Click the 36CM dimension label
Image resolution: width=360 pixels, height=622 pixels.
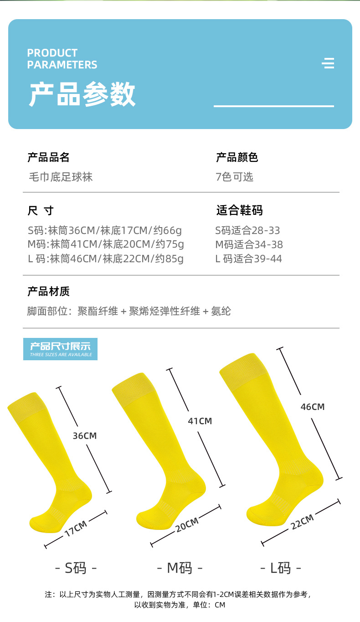coord(85,435)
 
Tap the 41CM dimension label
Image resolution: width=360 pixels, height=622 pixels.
coord(200,421)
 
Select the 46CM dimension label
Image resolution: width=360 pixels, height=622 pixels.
coord(312,406)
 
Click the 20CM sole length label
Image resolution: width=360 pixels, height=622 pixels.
coord(187,524)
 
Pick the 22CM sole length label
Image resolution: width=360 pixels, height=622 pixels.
coord(302,521)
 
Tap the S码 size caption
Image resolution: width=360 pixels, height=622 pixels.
coord(76,568)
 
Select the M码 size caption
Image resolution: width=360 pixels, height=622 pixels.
coord(180,568)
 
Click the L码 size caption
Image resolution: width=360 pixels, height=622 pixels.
coord(281,568)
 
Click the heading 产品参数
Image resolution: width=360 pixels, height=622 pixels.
coord(82,94)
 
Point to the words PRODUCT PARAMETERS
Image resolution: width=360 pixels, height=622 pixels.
coord(62,59)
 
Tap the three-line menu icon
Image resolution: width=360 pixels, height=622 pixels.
coord(328,63)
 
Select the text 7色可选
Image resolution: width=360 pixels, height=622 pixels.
coord(234,177)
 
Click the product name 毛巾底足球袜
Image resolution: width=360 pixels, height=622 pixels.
coord(61,177)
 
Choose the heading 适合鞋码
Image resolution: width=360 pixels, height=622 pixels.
coord(239,210)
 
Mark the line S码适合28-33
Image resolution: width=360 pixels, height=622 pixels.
coord(247,230)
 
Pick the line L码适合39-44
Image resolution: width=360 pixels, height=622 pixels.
coord(248,259)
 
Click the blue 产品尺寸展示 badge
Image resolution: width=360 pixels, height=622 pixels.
coord(60,349)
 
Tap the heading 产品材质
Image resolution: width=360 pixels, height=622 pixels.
coord(48,291)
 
